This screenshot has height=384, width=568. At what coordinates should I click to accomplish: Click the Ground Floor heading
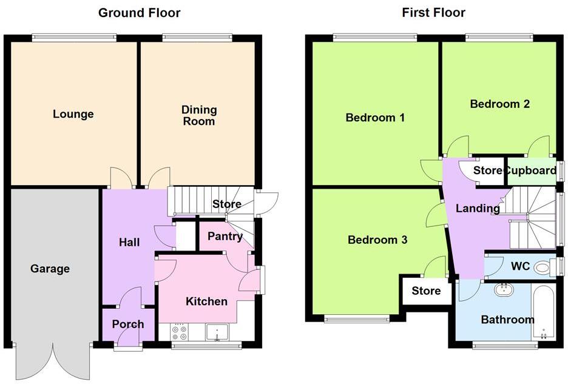click(x=139, y=13)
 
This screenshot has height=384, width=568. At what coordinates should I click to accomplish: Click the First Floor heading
click(x=433, y=13)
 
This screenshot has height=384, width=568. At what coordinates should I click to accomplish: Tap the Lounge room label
click(x=73, y=114)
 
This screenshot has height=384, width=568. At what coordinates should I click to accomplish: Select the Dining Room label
click(x=199, y=115)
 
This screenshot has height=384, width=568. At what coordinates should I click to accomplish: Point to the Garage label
click(x=50, y=269)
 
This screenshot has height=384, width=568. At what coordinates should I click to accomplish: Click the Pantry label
click(x=225, y=237)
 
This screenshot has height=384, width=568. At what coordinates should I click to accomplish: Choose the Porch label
click(x=128, y=324)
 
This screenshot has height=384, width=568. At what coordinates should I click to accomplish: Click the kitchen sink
click(x=215, y=332)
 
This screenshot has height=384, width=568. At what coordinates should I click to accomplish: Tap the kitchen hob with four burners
click(x=179, y=332)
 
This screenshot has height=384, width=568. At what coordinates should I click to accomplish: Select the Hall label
click(x=129, y=243)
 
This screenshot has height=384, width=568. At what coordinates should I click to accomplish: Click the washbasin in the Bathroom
click(x=502, y=290)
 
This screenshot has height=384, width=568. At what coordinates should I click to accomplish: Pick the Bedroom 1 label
click(x=375, y=117)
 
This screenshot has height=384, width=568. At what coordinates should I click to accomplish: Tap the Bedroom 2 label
click(x=500, y=104)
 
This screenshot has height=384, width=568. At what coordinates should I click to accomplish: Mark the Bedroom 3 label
click(x=377, y=240)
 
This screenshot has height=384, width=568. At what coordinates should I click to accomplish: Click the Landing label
click(x=478, y=209)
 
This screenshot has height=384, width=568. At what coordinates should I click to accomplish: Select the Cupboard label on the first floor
click(x=531, y=170)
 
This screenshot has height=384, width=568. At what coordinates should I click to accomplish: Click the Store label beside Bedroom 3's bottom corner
click(x=426, y=291)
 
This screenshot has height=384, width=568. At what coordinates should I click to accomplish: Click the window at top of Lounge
click(x=73, y=38)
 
